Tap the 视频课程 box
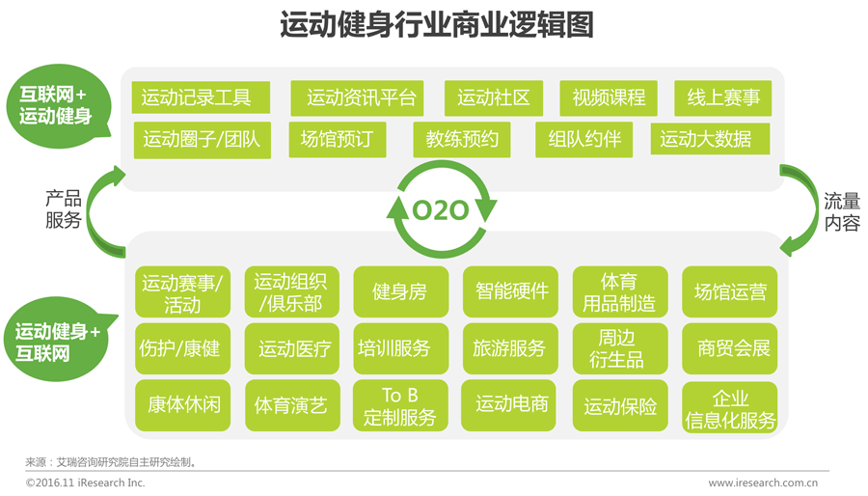(608, 97)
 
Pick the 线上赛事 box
(722, 97)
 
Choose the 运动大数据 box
(710, 139)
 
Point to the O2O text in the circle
(441, 210)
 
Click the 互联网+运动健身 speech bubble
(55, 105)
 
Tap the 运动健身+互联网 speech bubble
(57, 343)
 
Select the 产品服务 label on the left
(64, 210)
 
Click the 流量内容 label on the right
(841, 210)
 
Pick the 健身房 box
(400, 291)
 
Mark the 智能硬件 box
(510, 291)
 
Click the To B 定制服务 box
(400, 406)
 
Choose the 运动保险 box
(620, 406)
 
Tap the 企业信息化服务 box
(730, 408)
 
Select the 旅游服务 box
(510, 348)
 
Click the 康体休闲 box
(183, 404)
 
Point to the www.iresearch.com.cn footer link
(763, 482)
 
